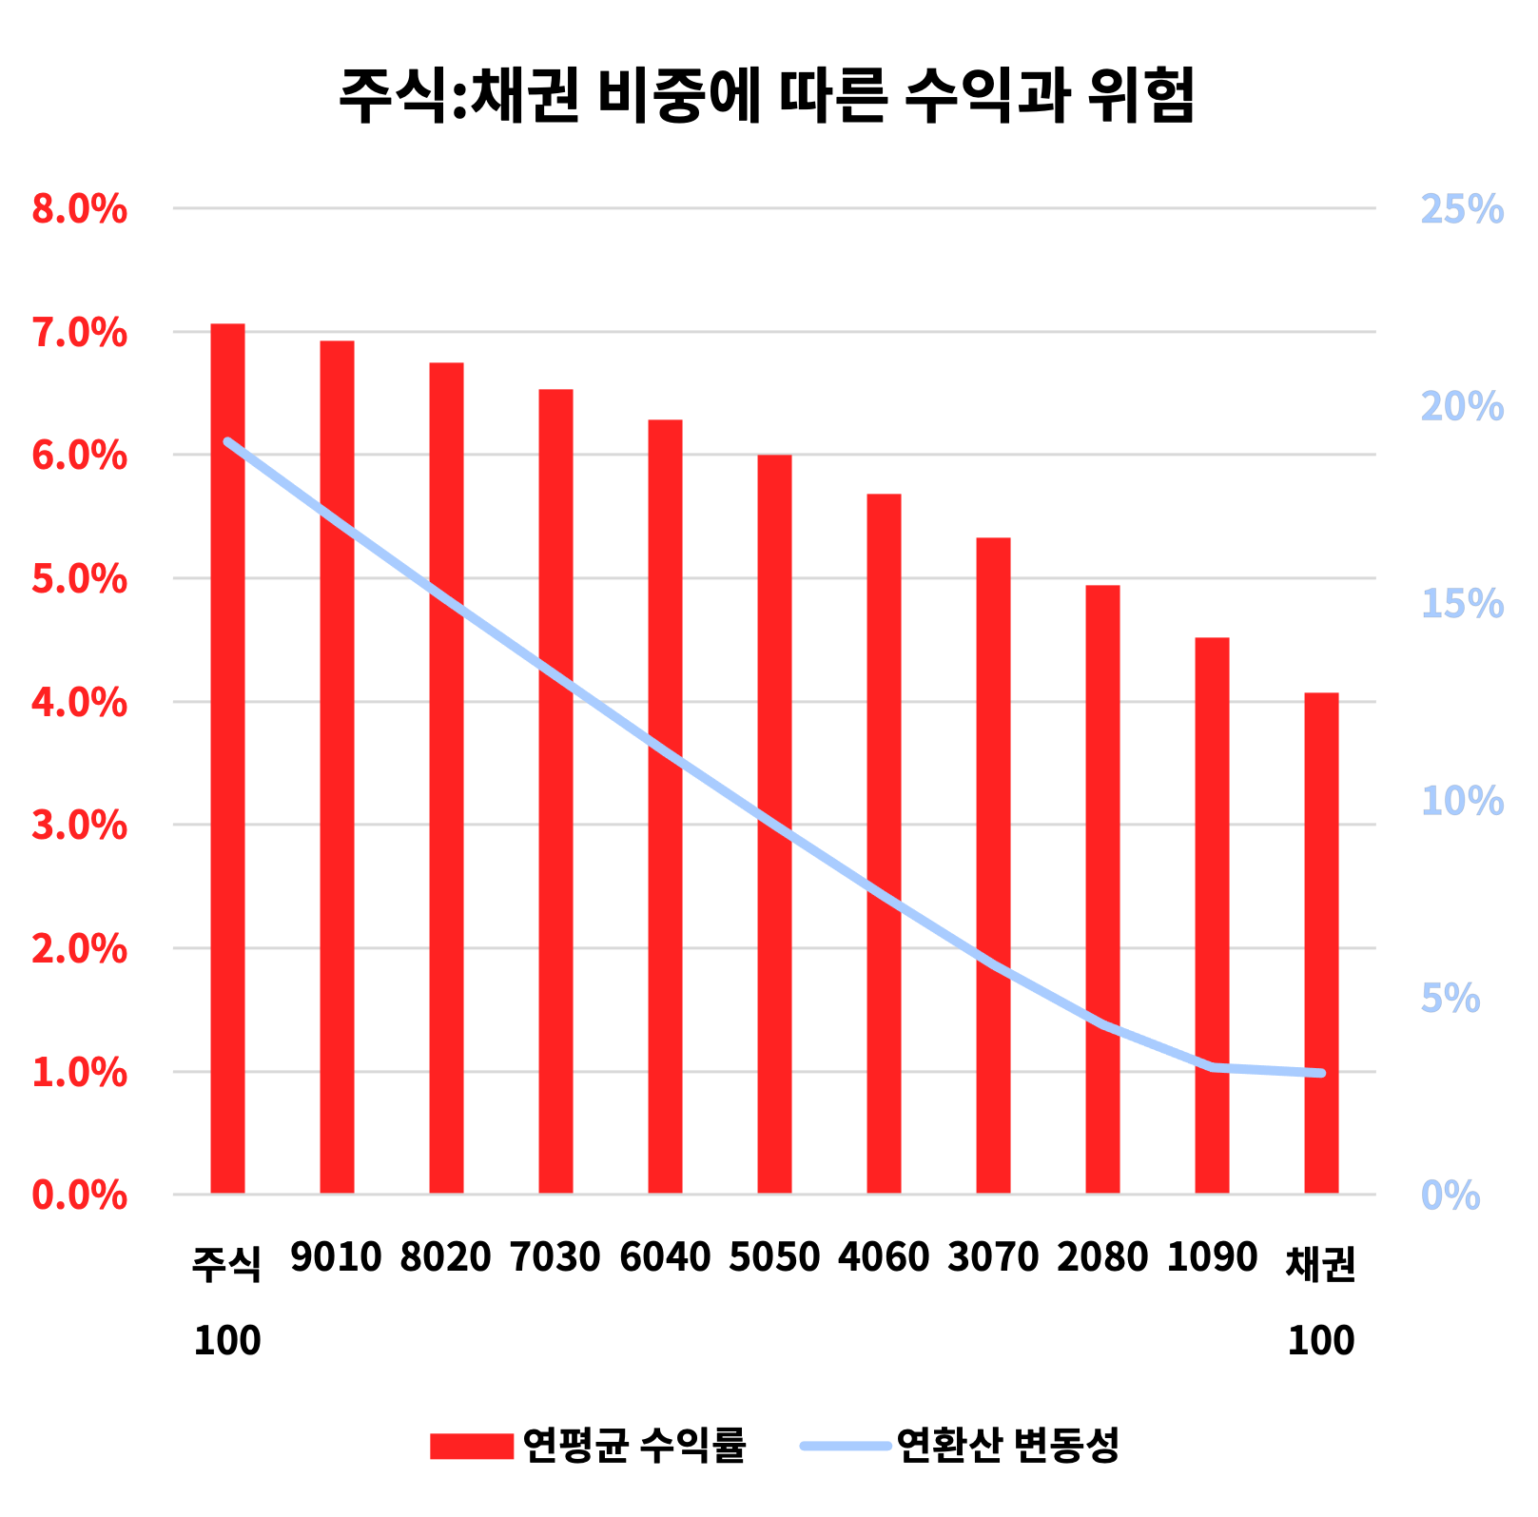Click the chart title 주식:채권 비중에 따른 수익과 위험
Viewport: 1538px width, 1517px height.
click(x=767, y=96)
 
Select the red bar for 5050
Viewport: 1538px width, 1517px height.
click(x=774, y=824)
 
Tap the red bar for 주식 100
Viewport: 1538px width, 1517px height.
click(x=227, y=758)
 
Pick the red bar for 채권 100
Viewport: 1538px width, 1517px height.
click(x=1321, y=943)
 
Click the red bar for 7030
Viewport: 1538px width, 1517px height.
click(x=555, y=790)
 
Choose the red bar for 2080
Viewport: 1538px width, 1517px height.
click(x=1102, y=888)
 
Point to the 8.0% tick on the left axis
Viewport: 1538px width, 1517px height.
click(x=79, y=209)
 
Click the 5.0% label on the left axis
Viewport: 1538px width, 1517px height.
click(x=79, y=579)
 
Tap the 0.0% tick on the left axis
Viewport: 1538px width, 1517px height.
click(x=79, y=1196)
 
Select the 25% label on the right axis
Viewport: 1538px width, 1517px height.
click(x=1462, y=209)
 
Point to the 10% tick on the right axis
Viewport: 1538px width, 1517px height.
click(x=1462, y=801)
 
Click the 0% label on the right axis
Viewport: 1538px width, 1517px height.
click(x=1450, y=1196)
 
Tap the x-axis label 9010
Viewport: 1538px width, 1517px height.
click(x=336, y=1257)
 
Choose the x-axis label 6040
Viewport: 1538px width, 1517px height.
click(x=665, y=1257)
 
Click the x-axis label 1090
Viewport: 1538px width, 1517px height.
click(x=1212, y=1257)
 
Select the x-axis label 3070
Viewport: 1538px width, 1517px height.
click(x=993, y=1257)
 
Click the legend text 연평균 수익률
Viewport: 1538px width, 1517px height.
click(x=634, y=1446)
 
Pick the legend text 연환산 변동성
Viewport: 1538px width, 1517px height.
click(x=1008, y=1446)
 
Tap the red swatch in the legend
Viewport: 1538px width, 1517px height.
click(x=471, y=1446)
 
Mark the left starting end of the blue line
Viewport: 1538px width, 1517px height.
click(x=227, y=442)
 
